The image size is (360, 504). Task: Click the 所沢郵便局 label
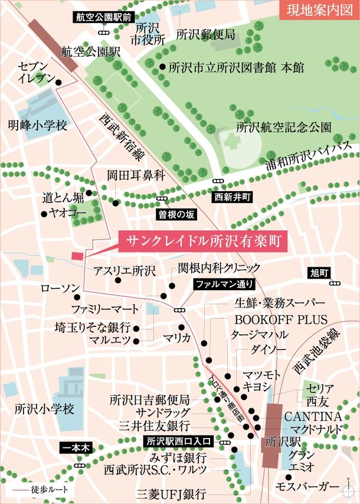click(206, 33)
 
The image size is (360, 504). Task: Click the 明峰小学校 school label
click(38, 125)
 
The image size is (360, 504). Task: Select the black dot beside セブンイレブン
click(58, 83)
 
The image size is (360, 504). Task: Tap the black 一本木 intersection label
click(76, 449)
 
